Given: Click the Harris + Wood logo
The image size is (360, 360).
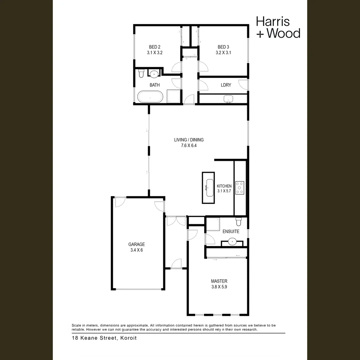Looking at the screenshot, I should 278,27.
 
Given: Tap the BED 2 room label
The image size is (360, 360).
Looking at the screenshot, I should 154,47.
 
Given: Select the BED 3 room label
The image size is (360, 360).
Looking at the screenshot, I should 223,47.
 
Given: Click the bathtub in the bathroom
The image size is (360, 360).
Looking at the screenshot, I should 150,97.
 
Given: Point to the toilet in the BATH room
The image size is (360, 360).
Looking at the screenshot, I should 141,73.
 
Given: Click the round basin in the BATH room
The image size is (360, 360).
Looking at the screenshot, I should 154,74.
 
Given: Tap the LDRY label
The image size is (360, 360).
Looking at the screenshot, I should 226,85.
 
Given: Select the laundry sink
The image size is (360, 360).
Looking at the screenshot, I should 229,99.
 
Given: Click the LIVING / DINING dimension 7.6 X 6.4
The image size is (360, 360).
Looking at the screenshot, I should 189,145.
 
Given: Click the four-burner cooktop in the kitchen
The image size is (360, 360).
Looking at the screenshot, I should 240,188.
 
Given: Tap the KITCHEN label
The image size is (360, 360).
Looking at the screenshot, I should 224,186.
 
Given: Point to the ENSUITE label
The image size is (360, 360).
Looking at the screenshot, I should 231,231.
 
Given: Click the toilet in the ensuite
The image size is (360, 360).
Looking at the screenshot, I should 239,221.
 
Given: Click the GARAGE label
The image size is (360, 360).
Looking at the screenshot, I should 137,244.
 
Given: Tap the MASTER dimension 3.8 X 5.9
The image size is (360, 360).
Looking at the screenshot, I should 219,286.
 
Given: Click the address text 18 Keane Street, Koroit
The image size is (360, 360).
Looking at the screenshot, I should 104,338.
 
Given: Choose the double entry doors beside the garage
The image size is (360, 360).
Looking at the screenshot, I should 176,221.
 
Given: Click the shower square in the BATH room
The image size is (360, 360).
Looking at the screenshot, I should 173,97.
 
